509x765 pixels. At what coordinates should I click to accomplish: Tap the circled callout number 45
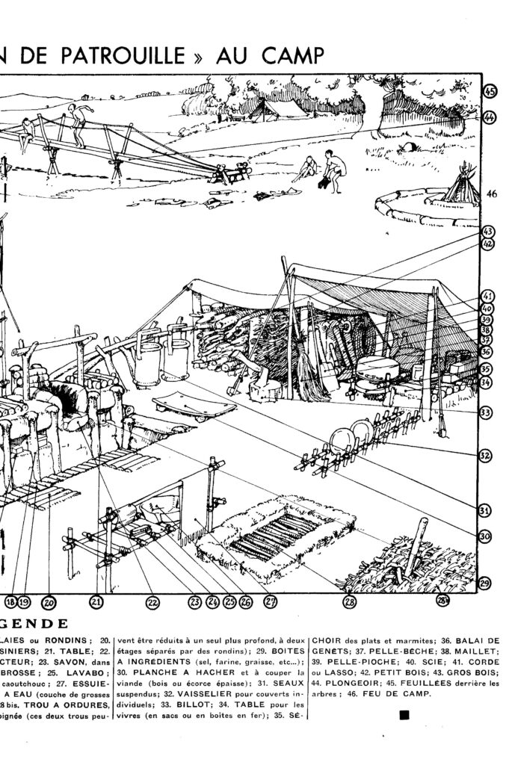[x=490, y=93]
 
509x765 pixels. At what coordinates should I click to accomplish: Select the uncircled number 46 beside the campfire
[x=491, y=194]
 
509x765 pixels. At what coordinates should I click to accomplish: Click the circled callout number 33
[x=485, y=412]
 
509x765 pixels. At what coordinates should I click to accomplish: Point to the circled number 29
[x=485, y=584]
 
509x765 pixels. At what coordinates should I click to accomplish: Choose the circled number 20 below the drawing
[x=49, y=601]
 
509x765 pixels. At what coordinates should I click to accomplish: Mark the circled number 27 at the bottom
[x=271, y=601]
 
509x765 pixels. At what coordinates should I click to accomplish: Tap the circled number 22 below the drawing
[x=152, y=601]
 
